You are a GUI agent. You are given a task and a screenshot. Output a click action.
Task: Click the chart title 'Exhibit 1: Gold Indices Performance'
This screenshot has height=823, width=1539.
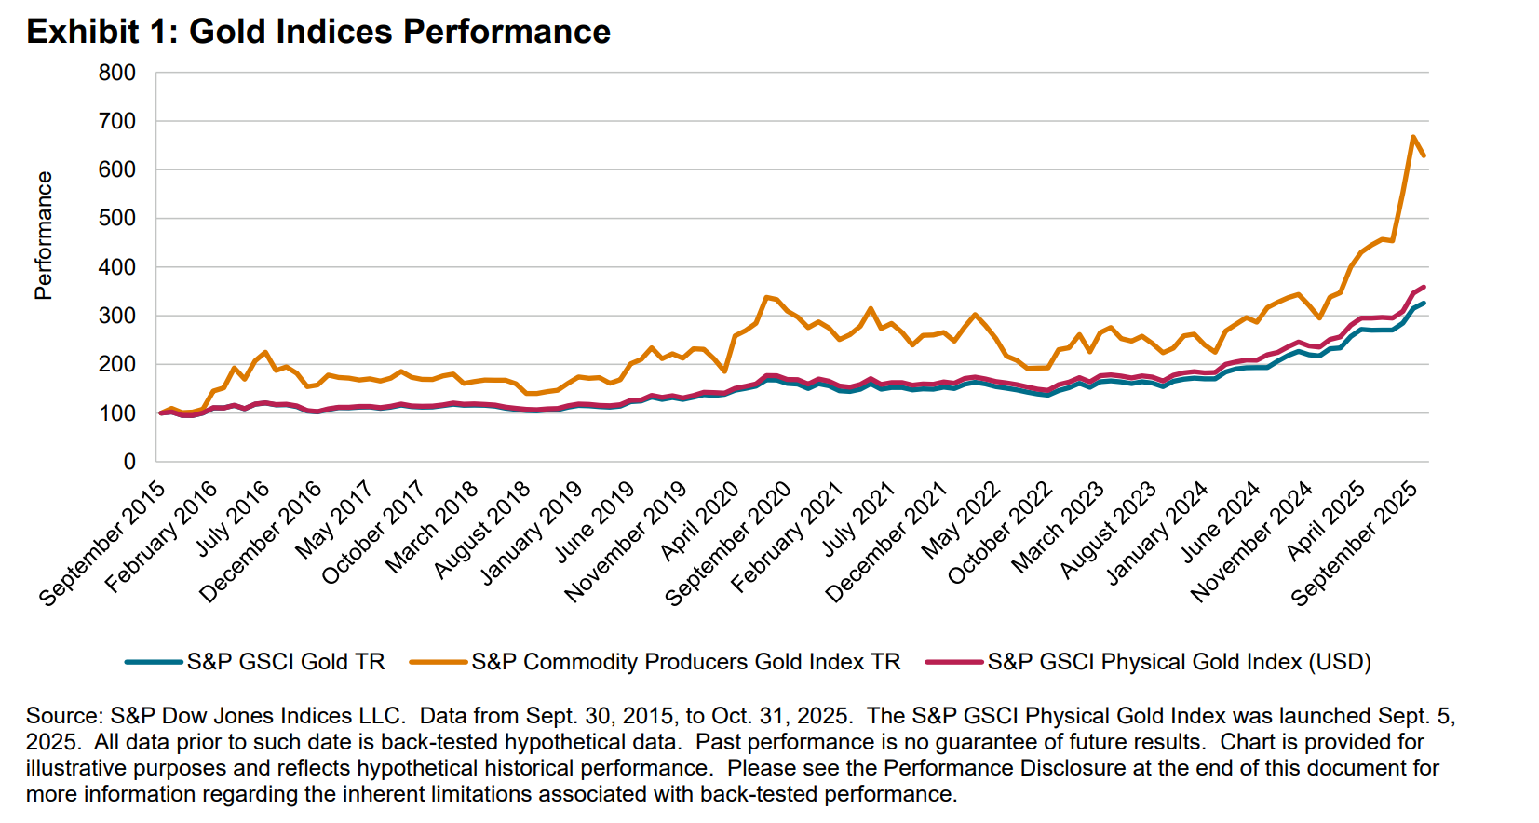[318, 32]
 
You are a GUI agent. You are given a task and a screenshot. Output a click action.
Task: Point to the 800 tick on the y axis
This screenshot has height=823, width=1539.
[117, 73]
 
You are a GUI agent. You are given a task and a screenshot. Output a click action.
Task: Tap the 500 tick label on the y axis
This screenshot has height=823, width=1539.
[117, 218]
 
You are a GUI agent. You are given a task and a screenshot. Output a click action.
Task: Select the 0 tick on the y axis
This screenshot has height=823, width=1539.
[129, 462]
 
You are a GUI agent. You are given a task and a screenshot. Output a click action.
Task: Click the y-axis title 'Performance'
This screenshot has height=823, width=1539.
[43, 235]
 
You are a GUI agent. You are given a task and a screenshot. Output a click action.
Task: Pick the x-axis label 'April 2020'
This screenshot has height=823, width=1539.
[700, 521]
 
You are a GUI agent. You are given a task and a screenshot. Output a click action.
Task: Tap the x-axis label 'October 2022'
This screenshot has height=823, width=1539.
[1000, 533]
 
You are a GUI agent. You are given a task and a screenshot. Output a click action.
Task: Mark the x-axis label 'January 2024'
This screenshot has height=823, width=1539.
[1157, 533]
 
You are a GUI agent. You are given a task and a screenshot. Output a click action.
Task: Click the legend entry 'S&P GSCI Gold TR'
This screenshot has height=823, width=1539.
[285, 662]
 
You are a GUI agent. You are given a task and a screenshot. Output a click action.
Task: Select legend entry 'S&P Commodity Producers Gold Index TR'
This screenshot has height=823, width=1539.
[685, 662]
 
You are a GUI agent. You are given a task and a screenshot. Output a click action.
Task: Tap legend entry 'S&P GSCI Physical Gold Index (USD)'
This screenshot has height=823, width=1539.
[1179, 662]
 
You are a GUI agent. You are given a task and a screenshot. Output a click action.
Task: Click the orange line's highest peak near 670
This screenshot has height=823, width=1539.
[1412, 137]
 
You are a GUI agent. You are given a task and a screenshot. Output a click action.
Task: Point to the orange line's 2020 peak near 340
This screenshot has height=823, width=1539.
[766, 297]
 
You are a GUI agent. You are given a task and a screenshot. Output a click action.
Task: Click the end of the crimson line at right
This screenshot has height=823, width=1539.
[1424, 287]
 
